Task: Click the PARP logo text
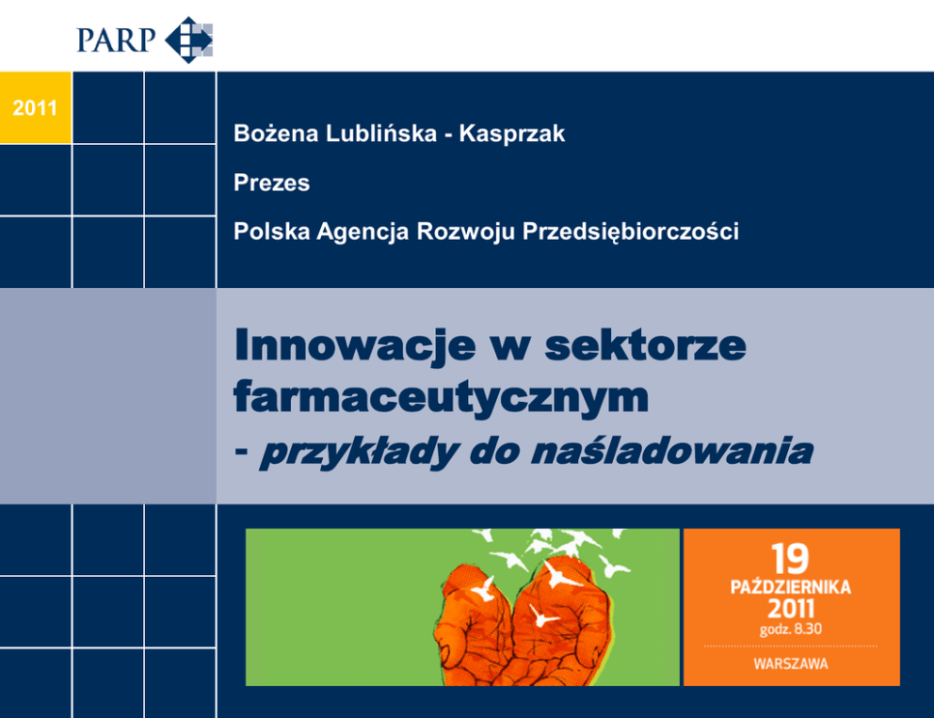click(116, 40)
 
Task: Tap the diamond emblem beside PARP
click(189, 40)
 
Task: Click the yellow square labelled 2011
click(35, 108)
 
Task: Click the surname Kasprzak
click(511, 134)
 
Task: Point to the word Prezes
click(271, 183)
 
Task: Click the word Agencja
click(362, 231)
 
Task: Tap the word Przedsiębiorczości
click(631, 231)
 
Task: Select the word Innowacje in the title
click(355, 345)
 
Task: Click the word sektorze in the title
click(645, 344)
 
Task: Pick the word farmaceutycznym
click(441, 397)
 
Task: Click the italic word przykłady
click(359, 452)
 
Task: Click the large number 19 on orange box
click(791, 558)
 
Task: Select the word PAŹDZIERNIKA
click(791, 587)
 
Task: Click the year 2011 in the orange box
click(791, 609)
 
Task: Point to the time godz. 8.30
click(791, 630)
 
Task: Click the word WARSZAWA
click(791, 663)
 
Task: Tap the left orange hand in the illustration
click(475, 625)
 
